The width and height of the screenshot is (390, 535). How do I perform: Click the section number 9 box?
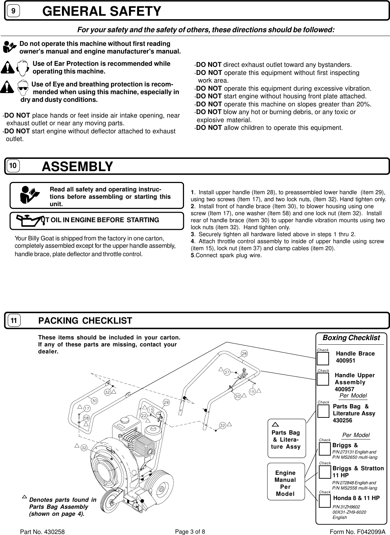[x=13, y=11]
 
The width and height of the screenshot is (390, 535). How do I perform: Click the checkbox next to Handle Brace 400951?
[x=322, y=359]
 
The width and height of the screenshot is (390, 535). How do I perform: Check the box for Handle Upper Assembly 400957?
[x=322, y=379]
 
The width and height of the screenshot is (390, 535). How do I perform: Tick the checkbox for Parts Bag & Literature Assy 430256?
[x=323, y=411]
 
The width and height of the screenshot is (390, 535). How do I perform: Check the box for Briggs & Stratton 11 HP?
[x=324, y=472]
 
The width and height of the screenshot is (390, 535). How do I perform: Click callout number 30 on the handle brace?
[x=95, y=401]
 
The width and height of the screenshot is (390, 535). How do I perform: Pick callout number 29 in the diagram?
[x=166, y=402]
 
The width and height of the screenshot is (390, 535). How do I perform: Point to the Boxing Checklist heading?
[x=351, y=338]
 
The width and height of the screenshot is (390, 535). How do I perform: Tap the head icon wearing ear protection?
[x=22, y=68]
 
